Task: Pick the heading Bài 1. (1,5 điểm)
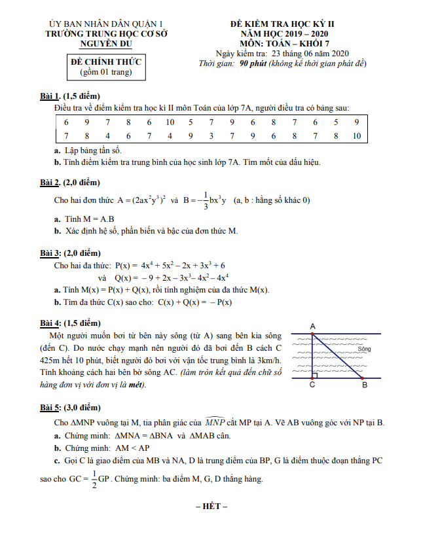[x=70, y=97]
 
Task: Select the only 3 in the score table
[x=211, y=136]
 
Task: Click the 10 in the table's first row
[x=170, y=122]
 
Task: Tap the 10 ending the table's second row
[x=356, y=136]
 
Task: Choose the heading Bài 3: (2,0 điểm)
[x=71, y=253]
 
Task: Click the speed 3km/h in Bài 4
[x=268, y=360]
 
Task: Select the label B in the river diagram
[x=365, y=385]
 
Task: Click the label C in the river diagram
[x=312, y=385]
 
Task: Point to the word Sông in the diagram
[x=364, y=349]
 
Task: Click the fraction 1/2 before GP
[x=95, y=479]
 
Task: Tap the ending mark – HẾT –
[x=210, y=506]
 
